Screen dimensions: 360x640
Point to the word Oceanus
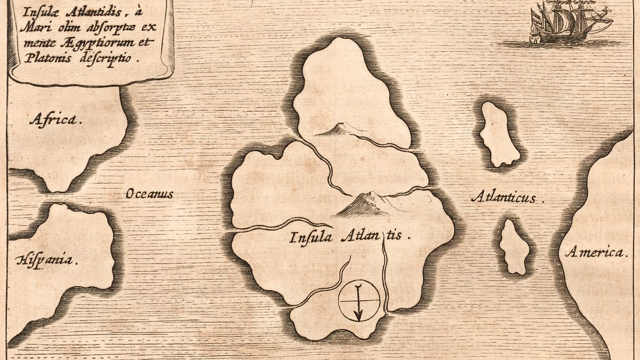pyautogui.click(x=149, y=194)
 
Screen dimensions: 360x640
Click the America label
pyautogui.click(x=596, y=252)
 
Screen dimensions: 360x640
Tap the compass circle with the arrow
pyautogui.click(x=358, y=301)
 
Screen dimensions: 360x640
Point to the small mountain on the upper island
pyautogui.click(x=336, y=129)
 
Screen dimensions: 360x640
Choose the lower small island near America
pyautogui.click(x=514, y=246)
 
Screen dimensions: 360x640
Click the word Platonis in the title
pyautogui.click(x=45, y=59)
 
